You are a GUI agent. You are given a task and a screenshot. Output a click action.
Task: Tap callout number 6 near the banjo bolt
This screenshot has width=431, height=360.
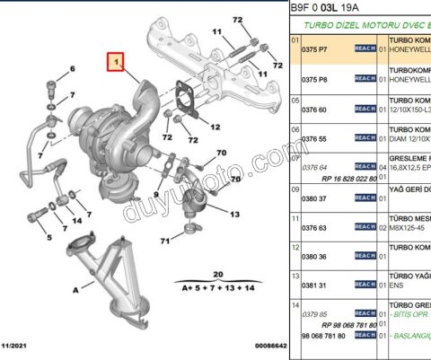click(x=73, y=69)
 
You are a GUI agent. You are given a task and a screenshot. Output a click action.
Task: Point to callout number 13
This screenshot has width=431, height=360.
click(x=234, y=215)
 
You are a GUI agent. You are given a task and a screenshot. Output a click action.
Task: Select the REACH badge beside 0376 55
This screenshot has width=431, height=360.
click(x=365, y=138)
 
